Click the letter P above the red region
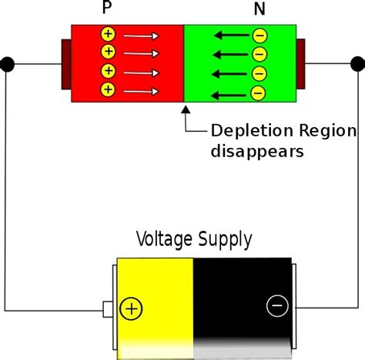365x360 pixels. [x=105, y=10]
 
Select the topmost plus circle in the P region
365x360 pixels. [x=109, y=35]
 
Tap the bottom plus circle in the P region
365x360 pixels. [x=109, y=90]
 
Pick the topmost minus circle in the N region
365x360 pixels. [x=260, y=35]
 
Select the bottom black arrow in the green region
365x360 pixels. [x=230, y=95]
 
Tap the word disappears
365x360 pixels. [x=256, y=151]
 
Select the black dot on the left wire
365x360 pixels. [x=8, y=63]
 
